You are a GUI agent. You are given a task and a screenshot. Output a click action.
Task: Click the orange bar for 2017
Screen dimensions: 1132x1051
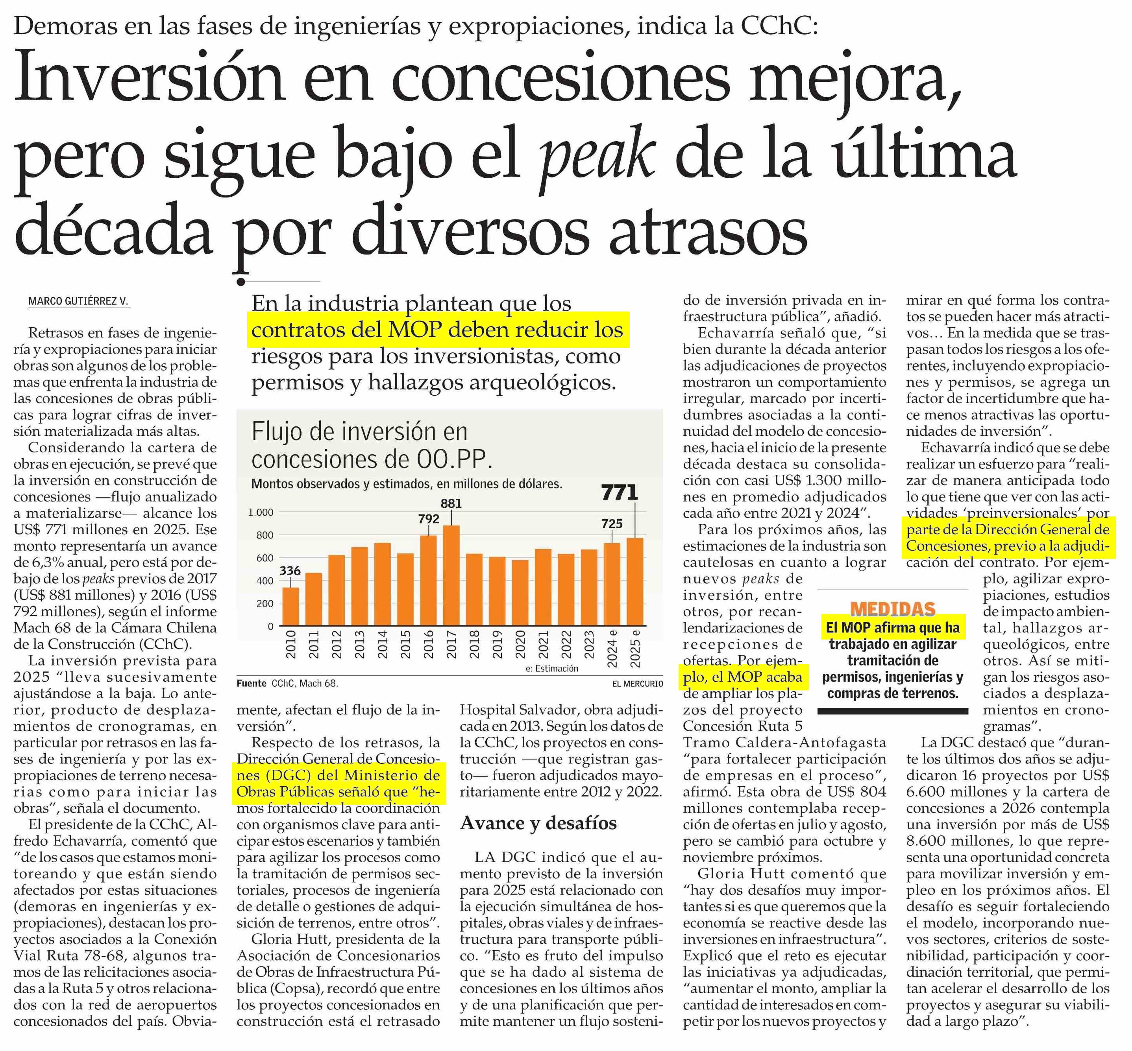451,575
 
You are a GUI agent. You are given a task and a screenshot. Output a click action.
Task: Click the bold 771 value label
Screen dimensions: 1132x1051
620,492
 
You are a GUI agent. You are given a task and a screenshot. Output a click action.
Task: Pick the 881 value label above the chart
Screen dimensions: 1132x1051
451,503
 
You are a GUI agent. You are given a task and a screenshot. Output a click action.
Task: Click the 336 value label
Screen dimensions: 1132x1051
290,570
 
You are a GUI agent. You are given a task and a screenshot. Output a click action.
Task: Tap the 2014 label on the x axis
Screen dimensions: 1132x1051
383,644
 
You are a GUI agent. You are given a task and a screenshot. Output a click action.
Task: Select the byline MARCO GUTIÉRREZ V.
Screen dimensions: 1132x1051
79,301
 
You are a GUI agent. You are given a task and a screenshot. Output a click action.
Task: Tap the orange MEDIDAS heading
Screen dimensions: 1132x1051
892,609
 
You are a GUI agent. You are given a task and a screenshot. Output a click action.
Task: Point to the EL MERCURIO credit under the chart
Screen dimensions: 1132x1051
637,684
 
